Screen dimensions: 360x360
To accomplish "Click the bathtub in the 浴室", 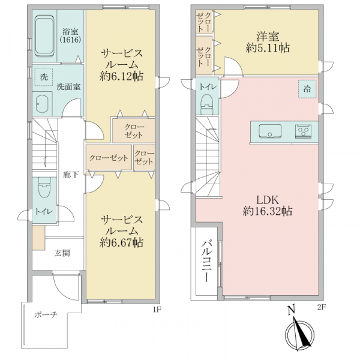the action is pos(45,36).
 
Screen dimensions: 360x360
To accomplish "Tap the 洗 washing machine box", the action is pos(44,77).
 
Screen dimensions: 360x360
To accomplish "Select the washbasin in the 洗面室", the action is pos(42,104).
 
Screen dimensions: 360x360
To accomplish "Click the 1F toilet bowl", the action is pos(44,187).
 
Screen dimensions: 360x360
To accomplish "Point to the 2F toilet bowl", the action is pos(208,104).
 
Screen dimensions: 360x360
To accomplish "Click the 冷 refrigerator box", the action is pos(307,89).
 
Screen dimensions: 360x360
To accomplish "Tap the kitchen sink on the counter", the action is pos(270,131).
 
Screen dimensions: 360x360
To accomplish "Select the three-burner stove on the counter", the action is pos(303,131).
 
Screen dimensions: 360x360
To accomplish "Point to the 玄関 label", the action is pos(62,253).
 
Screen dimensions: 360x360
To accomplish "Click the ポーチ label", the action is pos(46,314).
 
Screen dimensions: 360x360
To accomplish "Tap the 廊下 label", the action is pos(71,175).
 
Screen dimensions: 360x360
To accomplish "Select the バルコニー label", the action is pos(206,260).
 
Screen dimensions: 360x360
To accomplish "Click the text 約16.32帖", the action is pos(268,211).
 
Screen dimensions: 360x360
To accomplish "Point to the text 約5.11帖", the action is pos(268,48).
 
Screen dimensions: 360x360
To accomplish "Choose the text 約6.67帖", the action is pos(121,242).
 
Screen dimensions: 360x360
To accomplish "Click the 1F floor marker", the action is pos(157,309).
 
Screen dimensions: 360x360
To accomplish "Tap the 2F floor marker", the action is pos(322,307).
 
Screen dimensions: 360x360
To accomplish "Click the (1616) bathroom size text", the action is pos(70,40).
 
